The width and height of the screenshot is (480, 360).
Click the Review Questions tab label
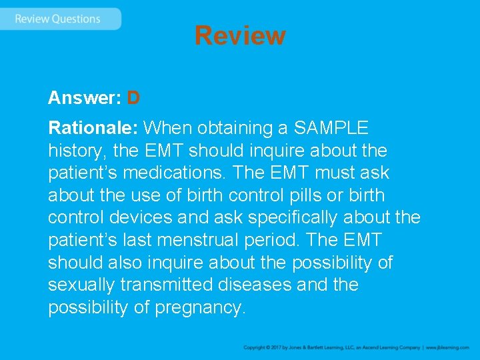57,19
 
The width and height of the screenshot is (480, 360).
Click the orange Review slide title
240,35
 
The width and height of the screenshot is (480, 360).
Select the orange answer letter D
133,99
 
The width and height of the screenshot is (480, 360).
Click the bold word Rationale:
93,127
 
